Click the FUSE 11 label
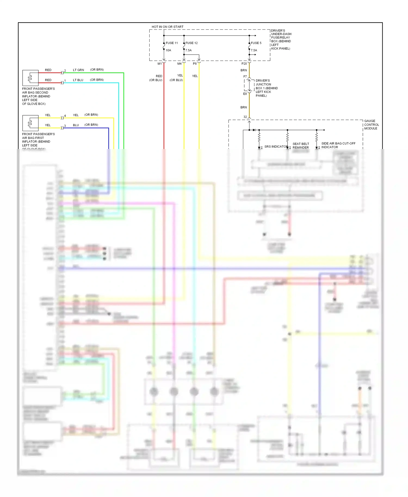172,43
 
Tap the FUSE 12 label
191,43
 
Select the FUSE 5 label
256,43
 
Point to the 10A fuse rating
168,50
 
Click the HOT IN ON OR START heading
167,27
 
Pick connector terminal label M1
160,64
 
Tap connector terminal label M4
179,64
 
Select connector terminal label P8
195,64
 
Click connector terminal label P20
244,64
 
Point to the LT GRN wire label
78,70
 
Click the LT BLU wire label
78,80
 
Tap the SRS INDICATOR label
276,147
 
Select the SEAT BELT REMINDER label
301,146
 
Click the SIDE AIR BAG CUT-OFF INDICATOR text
338,145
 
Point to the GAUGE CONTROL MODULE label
371,125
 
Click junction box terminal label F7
245,77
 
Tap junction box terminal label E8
245,94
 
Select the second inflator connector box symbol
30,78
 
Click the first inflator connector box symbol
30,123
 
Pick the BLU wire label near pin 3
76,125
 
